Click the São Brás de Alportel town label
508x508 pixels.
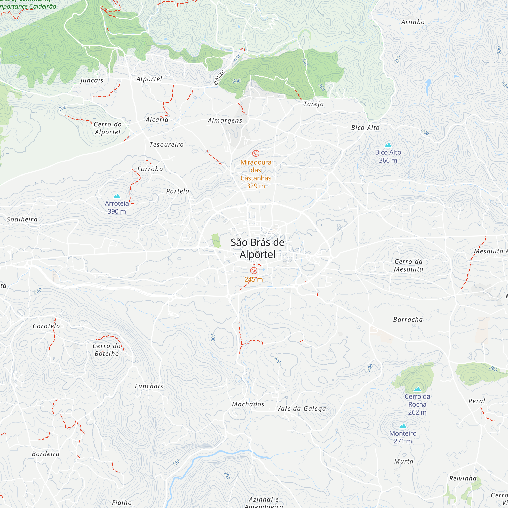click(x=257, y=248)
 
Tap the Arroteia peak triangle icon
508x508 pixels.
click(x=117, y=196)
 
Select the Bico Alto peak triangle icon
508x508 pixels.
click(x=388, y=145)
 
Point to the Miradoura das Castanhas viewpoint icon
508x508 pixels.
click(x=256, y=153)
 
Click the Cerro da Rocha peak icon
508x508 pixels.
click(x=417, y=389)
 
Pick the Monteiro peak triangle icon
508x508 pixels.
click(x=403, y=426)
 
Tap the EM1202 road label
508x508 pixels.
click(x=219, y=77)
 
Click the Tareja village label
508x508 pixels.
click(x=313, y=104)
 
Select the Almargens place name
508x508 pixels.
click(x=225, y=120)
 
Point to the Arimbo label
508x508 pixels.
click(x=413, y=22)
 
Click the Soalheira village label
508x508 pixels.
click(x=22, y=219)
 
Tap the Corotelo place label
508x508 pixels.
click(x=46, y=326)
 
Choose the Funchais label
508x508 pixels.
click(x=149, y=386)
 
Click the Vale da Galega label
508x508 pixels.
click(x=301, y=409)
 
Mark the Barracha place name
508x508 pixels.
click(x=408, y=320)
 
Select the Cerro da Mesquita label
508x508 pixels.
click(x=409, y=265)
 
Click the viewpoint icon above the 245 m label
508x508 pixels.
click(x=254, y=271)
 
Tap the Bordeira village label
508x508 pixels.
click(x=46, y=454)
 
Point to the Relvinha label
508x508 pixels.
click(x=463, y=478)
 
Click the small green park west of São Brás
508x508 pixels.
click(x=216, y=241)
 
